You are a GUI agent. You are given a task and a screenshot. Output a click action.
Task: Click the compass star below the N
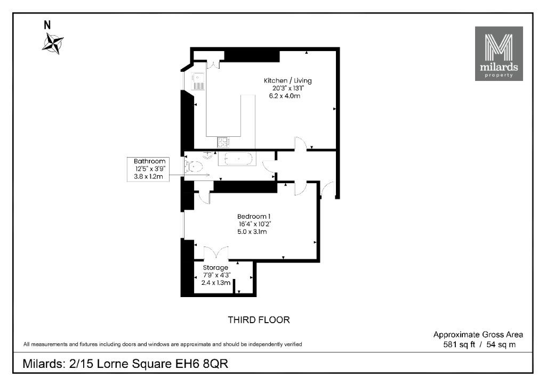[53, 44]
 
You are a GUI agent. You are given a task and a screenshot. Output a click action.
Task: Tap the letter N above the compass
[47, 25]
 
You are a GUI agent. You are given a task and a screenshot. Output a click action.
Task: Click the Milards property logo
[499, 54]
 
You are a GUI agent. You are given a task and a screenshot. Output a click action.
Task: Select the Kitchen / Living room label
[287, 81]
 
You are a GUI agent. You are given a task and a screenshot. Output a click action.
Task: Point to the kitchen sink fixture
[198, 81]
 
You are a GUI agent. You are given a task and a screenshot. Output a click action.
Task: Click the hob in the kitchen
[223, 142]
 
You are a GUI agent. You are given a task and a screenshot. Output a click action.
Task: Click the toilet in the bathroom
[194, 167]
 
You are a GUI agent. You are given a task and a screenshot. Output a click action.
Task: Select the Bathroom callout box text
[149, 169]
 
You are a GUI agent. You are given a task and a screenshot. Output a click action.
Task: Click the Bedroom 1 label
[254, 216]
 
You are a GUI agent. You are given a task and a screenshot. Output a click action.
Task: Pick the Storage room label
[215, 268]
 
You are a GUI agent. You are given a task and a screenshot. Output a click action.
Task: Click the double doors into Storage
[216, 253]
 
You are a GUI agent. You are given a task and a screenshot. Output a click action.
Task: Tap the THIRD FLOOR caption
[259, 320]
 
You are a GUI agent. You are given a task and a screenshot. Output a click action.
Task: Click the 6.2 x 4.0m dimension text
[285, 96]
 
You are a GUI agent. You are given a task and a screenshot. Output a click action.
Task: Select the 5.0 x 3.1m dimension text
[252, 232]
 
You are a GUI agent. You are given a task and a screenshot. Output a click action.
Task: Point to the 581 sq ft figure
[459, 344]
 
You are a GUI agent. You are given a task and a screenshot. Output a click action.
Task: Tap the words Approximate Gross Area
[478, 335]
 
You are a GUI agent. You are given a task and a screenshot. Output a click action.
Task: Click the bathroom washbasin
[208, 155]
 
